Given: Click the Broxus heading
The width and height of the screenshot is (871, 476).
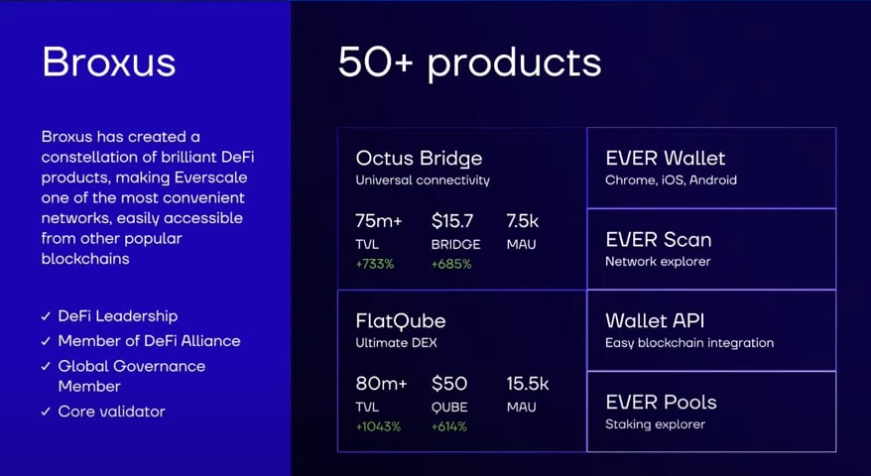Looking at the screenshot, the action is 109,61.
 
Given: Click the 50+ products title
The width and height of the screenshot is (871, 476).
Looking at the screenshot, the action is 470,63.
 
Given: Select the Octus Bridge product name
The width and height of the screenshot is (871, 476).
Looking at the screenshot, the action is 419,159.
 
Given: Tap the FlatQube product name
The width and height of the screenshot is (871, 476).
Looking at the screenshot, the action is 401,320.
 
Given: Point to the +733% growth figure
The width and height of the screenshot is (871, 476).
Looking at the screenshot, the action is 375,265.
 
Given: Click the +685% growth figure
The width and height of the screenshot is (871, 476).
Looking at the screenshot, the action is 451,265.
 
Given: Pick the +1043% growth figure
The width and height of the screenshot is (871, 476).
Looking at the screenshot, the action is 378,427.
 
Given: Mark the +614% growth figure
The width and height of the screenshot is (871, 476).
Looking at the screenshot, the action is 449,427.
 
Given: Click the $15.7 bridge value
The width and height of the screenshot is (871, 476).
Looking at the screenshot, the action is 452,221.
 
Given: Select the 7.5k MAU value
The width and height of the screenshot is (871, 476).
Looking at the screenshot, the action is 522,221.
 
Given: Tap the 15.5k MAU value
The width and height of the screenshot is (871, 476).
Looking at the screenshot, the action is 527,384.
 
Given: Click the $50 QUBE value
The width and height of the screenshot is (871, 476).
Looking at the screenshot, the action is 449,384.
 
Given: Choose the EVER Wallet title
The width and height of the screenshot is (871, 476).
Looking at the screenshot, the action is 666,159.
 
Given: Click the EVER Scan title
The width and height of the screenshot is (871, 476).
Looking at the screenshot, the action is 659,240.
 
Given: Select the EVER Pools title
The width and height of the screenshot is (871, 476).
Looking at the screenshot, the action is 661,403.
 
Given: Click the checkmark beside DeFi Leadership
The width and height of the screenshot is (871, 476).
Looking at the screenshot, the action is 46,316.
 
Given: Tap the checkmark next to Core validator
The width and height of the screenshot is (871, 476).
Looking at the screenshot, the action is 46,413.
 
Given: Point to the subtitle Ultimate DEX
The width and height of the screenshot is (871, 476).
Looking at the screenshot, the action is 396,343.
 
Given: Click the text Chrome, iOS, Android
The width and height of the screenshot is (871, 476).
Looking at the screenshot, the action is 671,180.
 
